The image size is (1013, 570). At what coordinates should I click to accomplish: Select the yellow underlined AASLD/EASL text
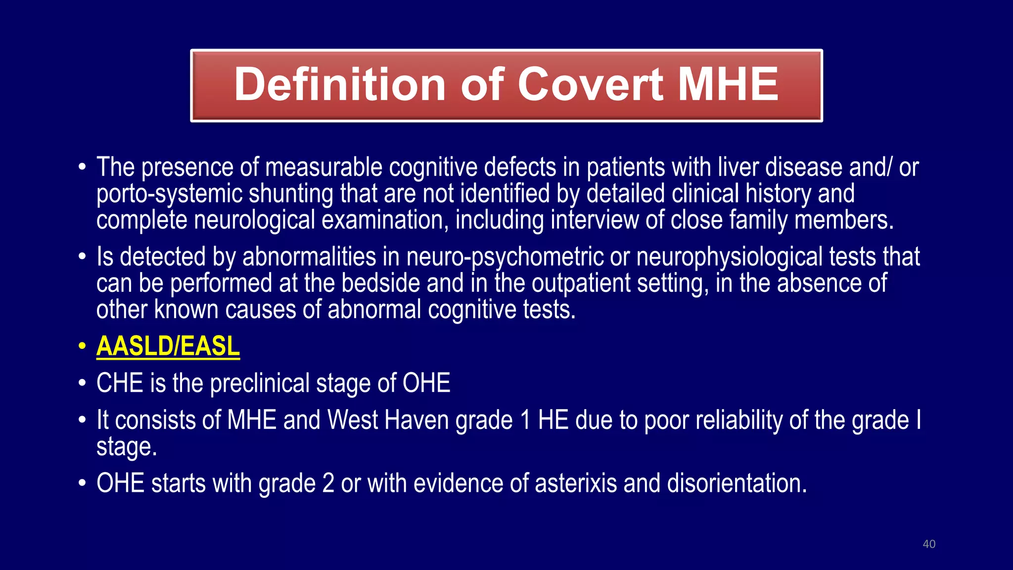point(168,346)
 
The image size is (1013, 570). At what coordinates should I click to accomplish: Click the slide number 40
point(929,544)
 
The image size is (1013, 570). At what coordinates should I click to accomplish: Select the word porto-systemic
point(169,194)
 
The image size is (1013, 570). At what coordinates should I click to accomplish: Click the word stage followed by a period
point(126,447)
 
